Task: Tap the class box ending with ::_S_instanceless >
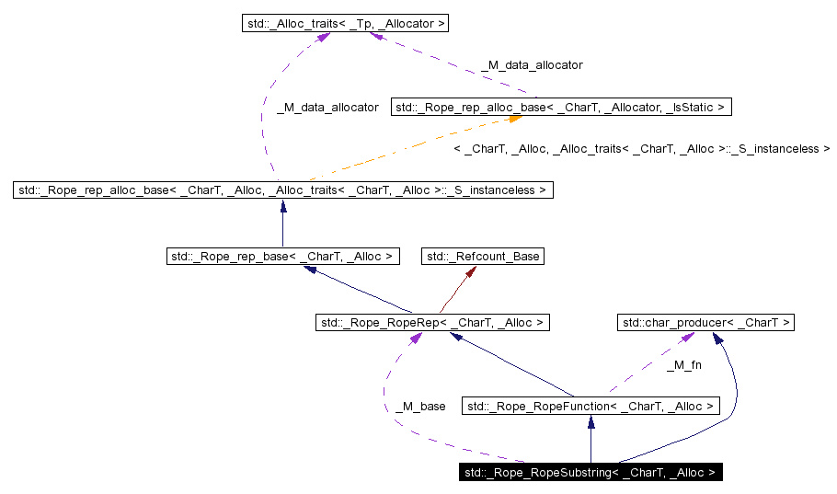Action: (x=282, y=190)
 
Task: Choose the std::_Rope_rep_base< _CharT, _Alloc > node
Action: (x=282, y=257)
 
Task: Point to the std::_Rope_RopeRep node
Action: (x=432, y=322)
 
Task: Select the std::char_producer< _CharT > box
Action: (x=706, y=322)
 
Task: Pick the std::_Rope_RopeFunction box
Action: (x=590, y=406)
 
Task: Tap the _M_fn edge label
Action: (x=683, y=366)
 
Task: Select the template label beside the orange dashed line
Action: (x=642, y=148)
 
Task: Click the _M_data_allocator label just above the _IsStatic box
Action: (x=532, y=65)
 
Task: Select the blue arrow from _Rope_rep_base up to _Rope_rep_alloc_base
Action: (x=282, y=224)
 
